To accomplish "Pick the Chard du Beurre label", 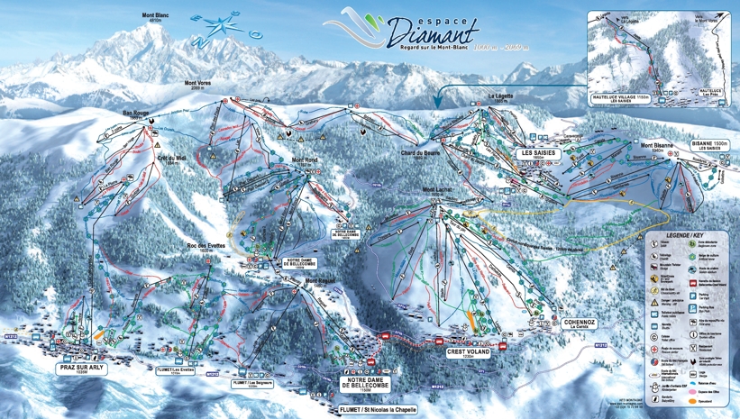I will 419,154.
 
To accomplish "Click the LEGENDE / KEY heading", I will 689,232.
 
